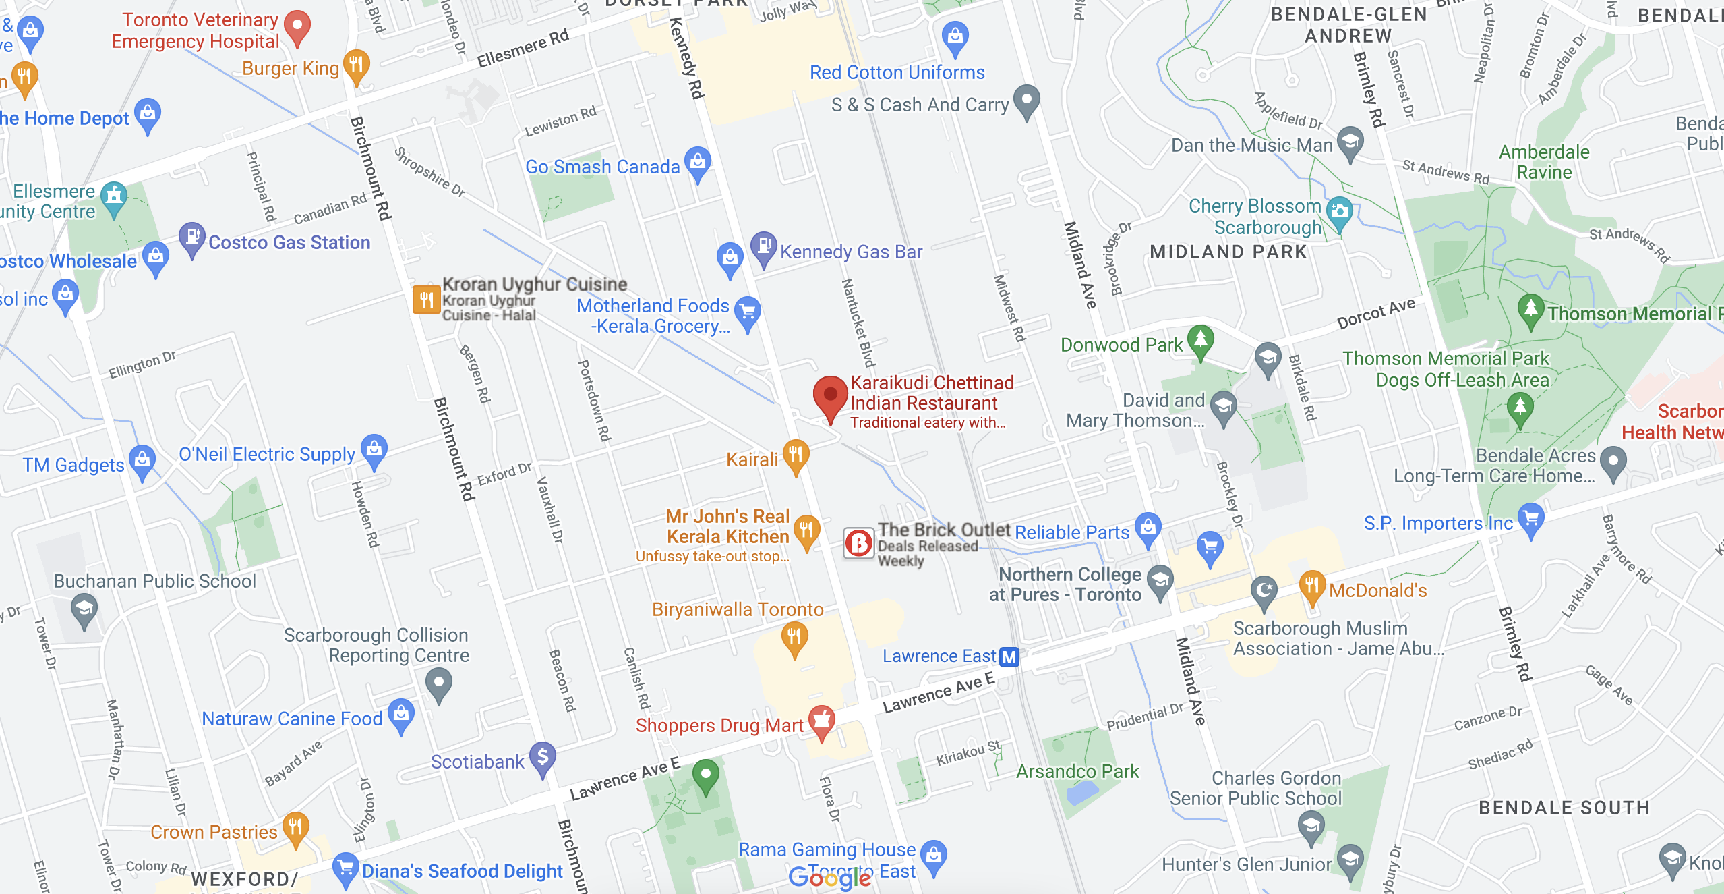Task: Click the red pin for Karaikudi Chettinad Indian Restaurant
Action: (830, 395)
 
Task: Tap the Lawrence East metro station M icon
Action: (1009, 656)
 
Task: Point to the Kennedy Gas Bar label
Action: (851, 252)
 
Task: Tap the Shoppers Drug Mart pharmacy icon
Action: (821, 721)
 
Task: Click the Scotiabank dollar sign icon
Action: (543, 757)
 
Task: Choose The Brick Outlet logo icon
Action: (859, 542)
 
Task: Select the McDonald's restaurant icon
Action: (1311, 586)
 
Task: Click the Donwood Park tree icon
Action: (1200, 339)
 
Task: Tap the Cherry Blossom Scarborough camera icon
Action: (1339, 211)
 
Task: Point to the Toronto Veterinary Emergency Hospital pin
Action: (297, 26)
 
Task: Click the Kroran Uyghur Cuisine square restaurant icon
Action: (426, 300)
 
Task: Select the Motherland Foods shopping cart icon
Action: (747, 312)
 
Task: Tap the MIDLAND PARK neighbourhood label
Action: (1228, 252)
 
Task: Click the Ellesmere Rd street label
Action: (523, 49)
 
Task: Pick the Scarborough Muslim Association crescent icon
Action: (1264, 590)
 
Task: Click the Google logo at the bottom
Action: (829, 878)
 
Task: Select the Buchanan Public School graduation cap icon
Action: (84, 609)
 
